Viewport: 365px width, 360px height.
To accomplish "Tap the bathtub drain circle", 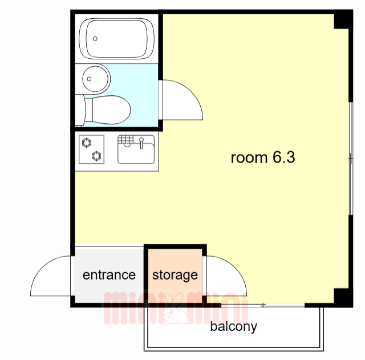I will pos(95,39).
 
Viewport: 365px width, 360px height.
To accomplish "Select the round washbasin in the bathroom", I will pos(96,78).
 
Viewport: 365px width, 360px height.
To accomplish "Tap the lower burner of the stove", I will pos(95,155).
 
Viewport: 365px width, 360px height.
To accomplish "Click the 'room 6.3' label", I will pos(262,157).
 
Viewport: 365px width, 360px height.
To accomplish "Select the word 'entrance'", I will pos(109,275).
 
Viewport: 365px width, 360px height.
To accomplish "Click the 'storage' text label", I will pos(175,275).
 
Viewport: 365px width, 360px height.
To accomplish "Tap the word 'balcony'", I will pos(233,327).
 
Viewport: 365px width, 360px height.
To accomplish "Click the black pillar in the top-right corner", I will pos(343,21).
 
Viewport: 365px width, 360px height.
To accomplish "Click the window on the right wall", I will pos(350,154).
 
